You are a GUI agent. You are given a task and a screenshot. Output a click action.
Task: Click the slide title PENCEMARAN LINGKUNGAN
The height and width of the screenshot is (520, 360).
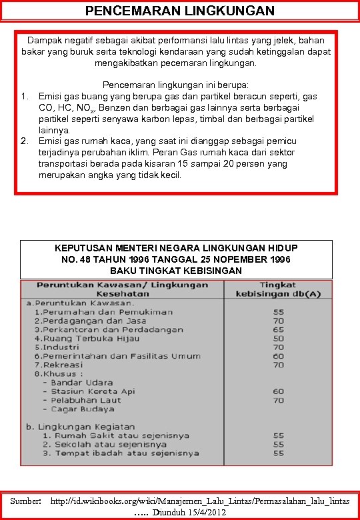tap(180, 11)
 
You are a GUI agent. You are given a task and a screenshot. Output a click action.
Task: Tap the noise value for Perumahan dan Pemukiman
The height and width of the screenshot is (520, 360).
tap(278, 312)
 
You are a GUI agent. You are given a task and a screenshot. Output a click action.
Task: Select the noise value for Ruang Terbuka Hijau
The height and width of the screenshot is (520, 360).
tap(278, 339)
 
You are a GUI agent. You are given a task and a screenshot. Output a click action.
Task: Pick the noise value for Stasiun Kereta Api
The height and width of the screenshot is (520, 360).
tap(278, 391)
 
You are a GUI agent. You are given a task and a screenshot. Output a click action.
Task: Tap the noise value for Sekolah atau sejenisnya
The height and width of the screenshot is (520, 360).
tap(278, 445)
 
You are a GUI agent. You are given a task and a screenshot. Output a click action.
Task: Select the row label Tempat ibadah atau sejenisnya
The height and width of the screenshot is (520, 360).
tap(120, 453)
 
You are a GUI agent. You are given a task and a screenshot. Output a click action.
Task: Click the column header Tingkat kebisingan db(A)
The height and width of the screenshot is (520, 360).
tap(278, 289)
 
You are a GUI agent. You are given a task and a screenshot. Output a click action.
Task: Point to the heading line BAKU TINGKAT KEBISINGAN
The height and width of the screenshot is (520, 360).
tap(175, 271)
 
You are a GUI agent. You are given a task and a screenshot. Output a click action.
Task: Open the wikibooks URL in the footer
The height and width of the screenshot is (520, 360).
tap(200, 500)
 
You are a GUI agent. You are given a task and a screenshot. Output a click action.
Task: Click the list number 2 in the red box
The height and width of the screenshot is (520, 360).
tap(24, 141)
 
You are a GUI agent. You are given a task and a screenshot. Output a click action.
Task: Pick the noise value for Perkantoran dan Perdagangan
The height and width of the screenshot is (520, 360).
tap(278, 329)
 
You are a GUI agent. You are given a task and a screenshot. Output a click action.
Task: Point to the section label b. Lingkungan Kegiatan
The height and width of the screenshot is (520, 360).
tap(80, 427)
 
